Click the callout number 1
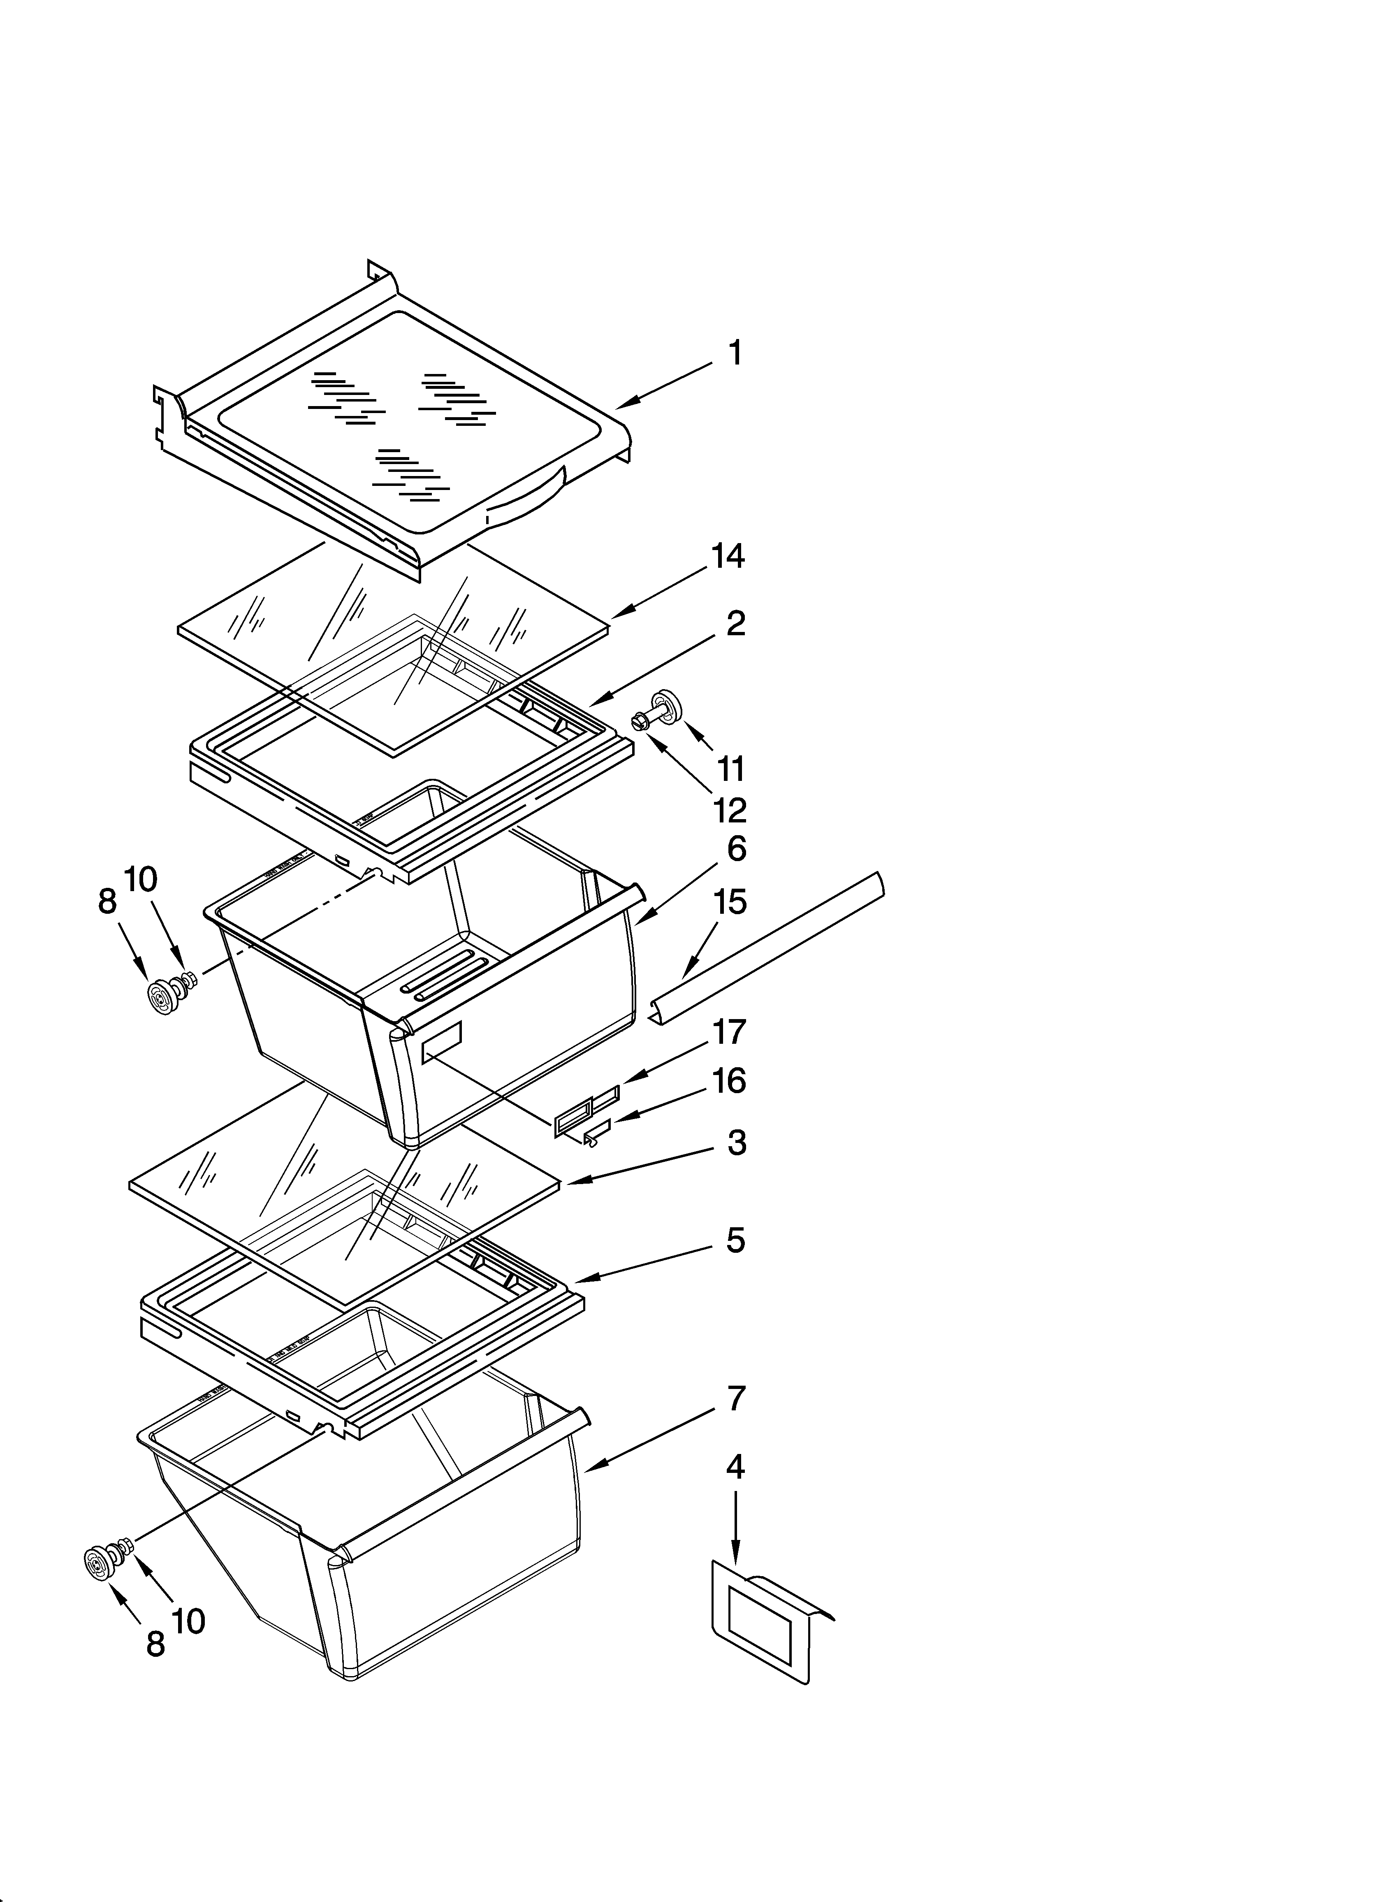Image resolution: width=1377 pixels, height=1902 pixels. (x=735, y=354)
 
